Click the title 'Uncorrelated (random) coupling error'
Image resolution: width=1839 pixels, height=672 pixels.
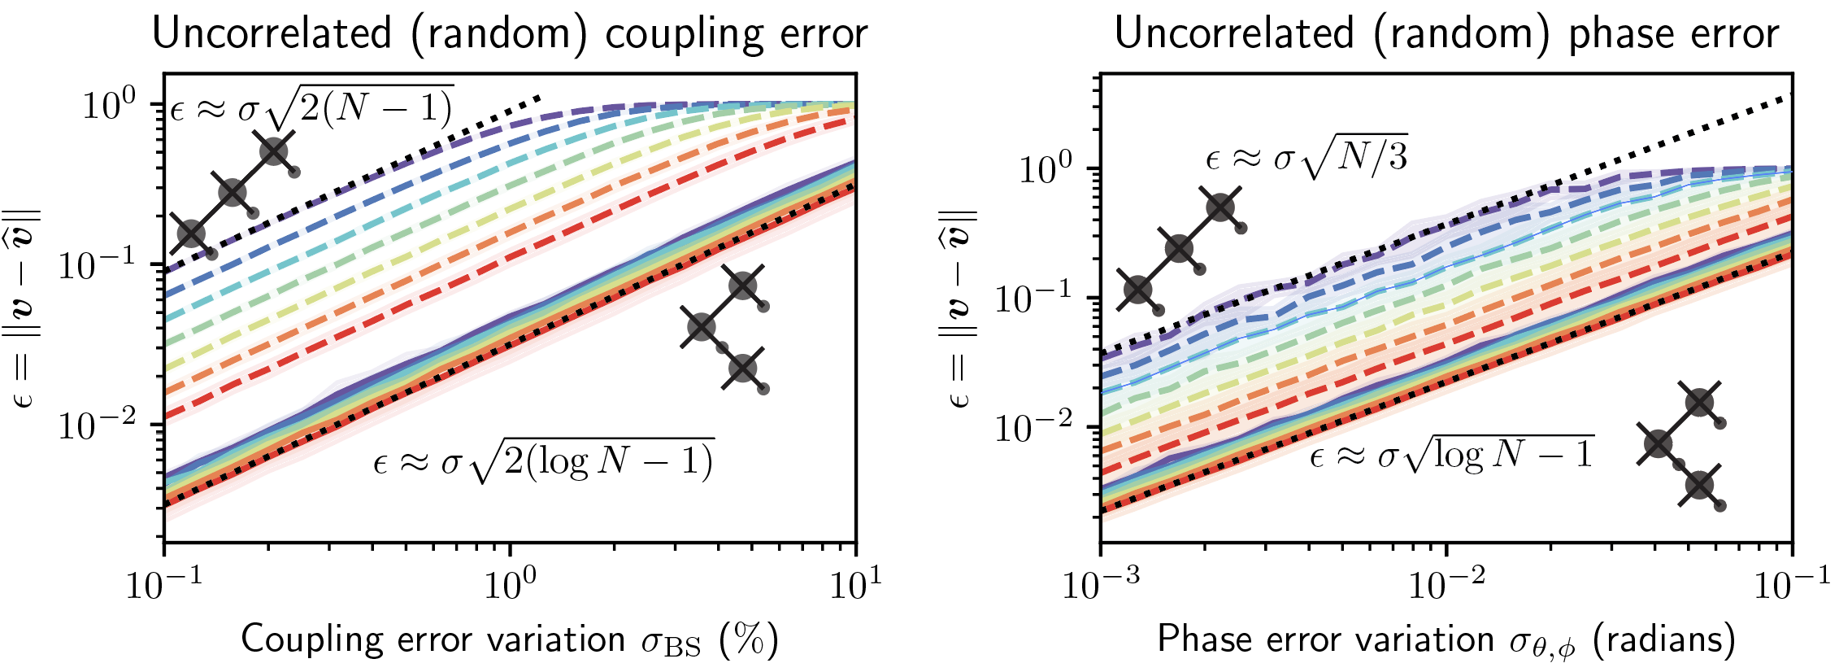(510, 34)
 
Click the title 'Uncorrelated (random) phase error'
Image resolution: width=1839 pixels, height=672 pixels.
(1446, 34)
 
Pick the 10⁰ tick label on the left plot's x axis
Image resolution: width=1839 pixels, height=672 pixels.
(511, 583)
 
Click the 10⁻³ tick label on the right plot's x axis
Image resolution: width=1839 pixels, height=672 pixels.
(1101, 583)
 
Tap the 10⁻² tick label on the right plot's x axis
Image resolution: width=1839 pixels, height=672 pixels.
(1447, 583)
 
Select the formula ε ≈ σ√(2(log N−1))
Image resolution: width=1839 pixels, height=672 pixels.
(543, 461)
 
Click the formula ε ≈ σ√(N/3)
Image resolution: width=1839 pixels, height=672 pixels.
(1306, 156)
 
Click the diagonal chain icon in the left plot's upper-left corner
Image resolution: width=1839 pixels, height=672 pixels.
(233, 194)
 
